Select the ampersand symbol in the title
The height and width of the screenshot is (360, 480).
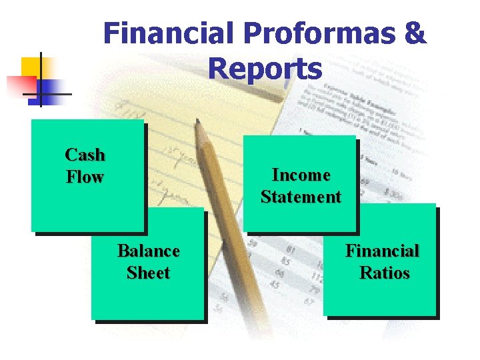coord(414,33)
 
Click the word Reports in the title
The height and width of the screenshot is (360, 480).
coord(265,68)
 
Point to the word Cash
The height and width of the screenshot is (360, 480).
coord(85,155)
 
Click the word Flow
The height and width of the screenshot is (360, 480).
coord(85,177)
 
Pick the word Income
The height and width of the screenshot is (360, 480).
coord(301,175)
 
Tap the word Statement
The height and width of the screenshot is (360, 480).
coord(301,197)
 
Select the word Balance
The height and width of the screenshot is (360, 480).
coord(148,251)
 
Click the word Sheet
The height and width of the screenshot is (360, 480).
coord(148,273)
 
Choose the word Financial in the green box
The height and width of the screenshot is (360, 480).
coord(382,251)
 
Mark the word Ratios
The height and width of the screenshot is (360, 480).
coord(384,273)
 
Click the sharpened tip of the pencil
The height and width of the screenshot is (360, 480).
coord(197,123)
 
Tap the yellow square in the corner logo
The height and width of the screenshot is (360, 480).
coord(31,67)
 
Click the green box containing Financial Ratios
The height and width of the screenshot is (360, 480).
coord(380,297)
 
